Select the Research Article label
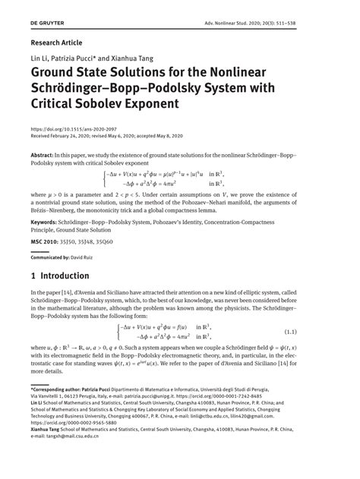click(x=56, y=43)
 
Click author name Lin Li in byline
click(x=39, y=57)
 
